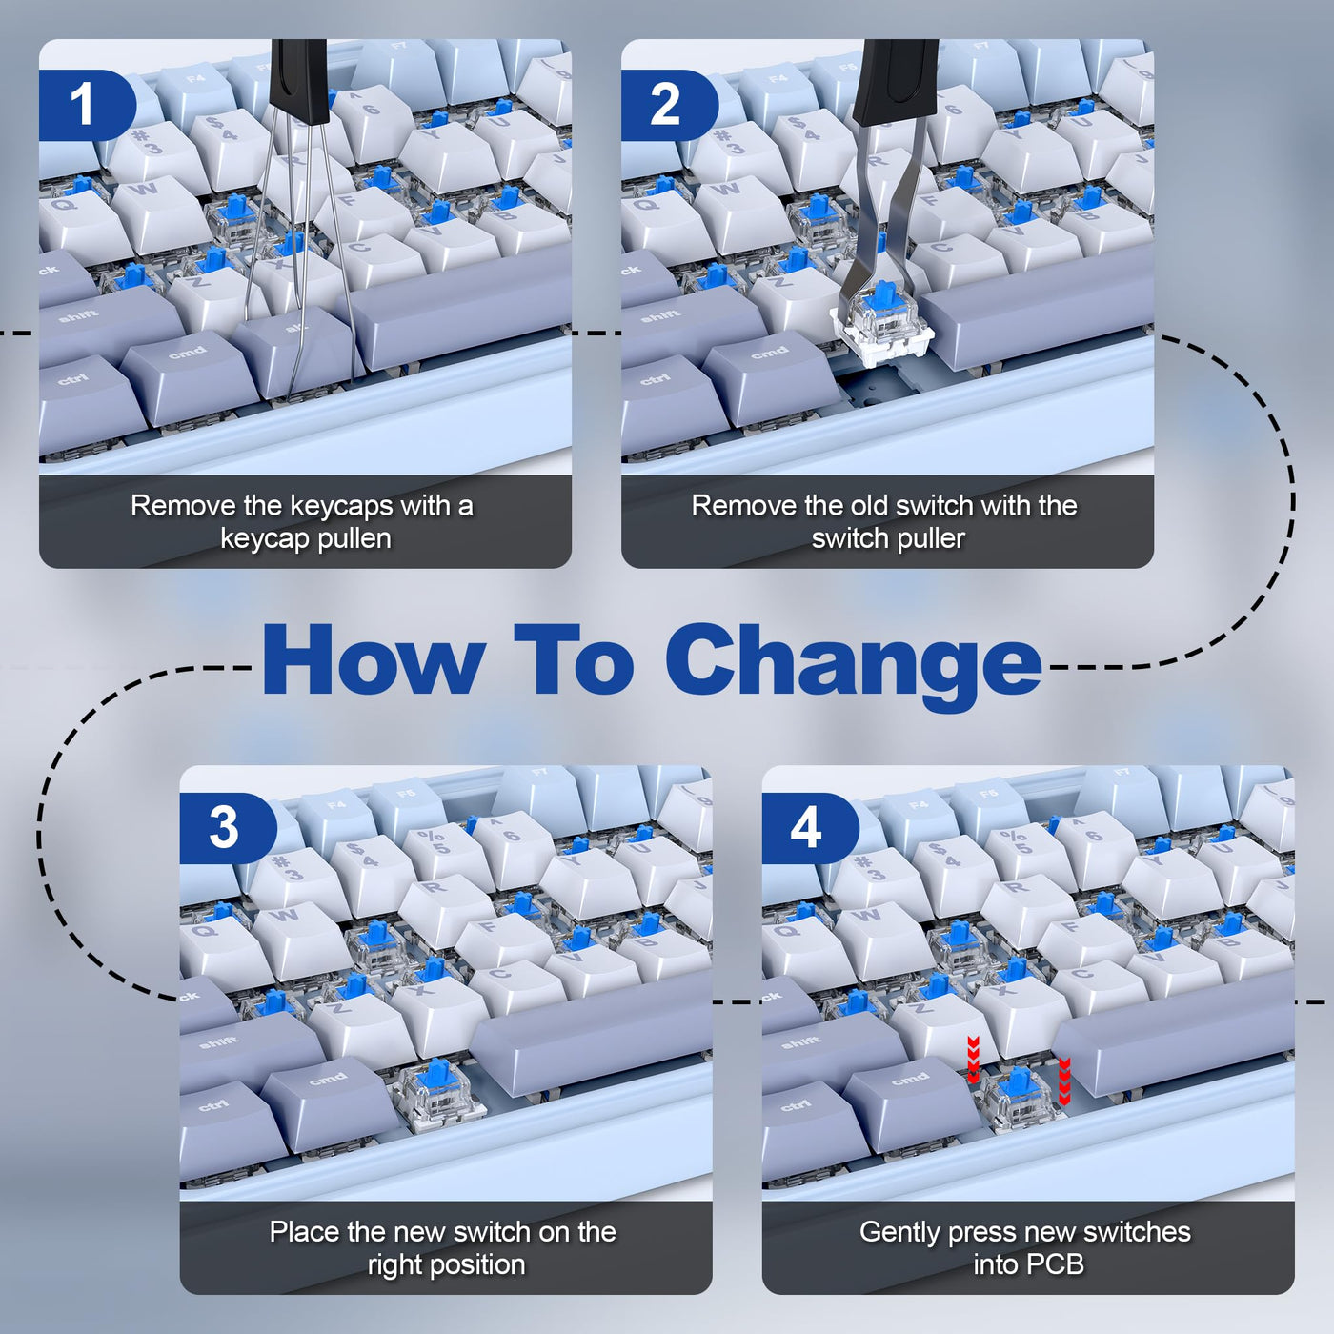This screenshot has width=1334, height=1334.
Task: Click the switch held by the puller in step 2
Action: tap(882, 323)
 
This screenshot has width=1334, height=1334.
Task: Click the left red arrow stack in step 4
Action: tap(973, 1060)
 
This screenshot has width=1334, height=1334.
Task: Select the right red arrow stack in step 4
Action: tap(1064, 1081)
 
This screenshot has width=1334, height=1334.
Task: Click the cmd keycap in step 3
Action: tap(325, 1090)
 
